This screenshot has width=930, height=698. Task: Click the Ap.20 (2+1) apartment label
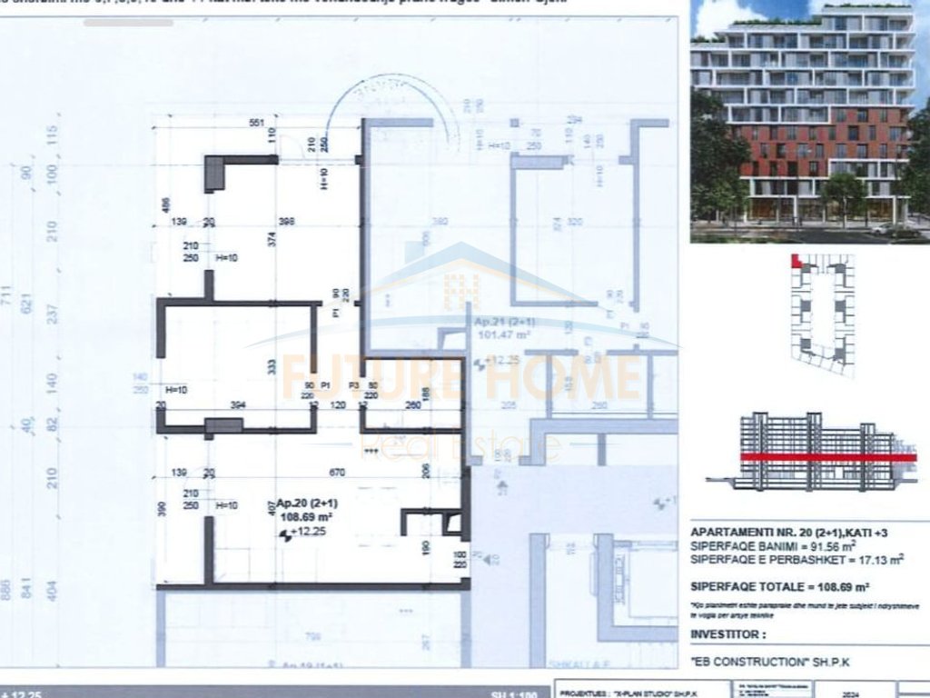click(x=307, y=504)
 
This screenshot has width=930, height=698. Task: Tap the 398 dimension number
click(x=288, y=222)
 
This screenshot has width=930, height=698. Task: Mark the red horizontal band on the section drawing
click(x=826, y=458)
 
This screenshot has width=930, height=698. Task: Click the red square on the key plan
click(x=796, y=262)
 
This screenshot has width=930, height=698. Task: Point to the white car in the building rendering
click(x=882, y=228)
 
